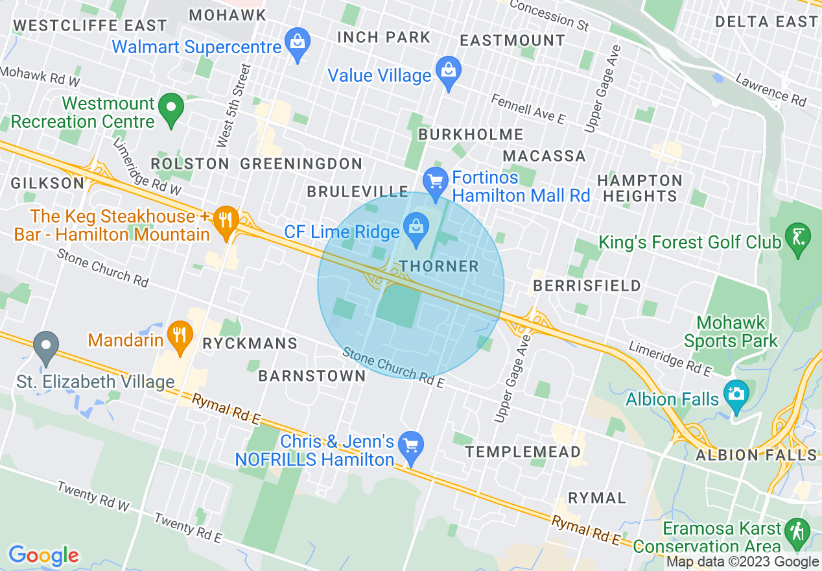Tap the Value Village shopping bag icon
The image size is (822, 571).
448,72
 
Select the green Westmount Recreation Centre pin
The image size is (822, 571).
171,108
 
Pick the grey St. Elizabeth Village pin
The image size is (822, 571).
46,346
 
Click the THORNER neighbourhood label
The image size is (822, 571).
439,266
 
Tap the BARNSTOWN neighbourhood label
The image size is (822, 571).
312,376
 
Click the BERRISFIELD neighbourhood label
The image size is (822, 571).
587,285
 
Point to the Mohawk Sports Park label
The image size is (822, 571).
731,332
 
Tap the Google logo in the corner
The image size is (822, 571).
43,555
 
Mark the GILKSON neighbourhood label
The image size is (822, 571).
47,184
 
